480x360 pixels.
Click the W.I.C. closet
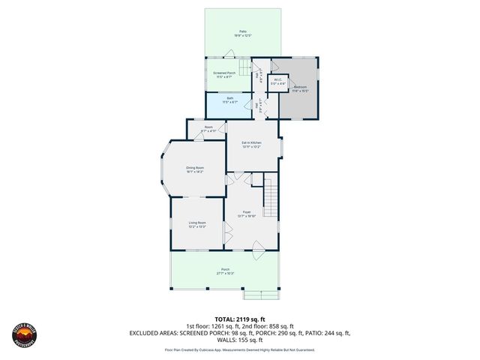click(x=277, y=82)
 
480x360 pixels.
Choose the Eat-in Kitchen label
click(x=251, y=144)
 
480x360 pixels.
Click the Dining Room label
click(x=195, y=169)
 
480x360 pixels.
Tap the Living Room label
click(x=196, y=224)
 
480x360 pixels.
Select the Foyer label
click(x=247, y=214)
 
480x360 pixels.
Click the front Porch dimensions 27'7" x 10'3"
click(x=225, y=274)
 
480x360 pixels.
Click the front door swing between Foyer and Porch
click(x=257, y=249)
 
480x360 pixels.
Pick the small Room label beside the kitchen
click(x=208, y=129)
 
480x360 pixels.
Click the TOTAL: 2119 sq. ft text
click(x=239, y=319)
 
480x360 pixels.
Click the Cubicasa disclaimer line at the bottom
click(x=239, y=349)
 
